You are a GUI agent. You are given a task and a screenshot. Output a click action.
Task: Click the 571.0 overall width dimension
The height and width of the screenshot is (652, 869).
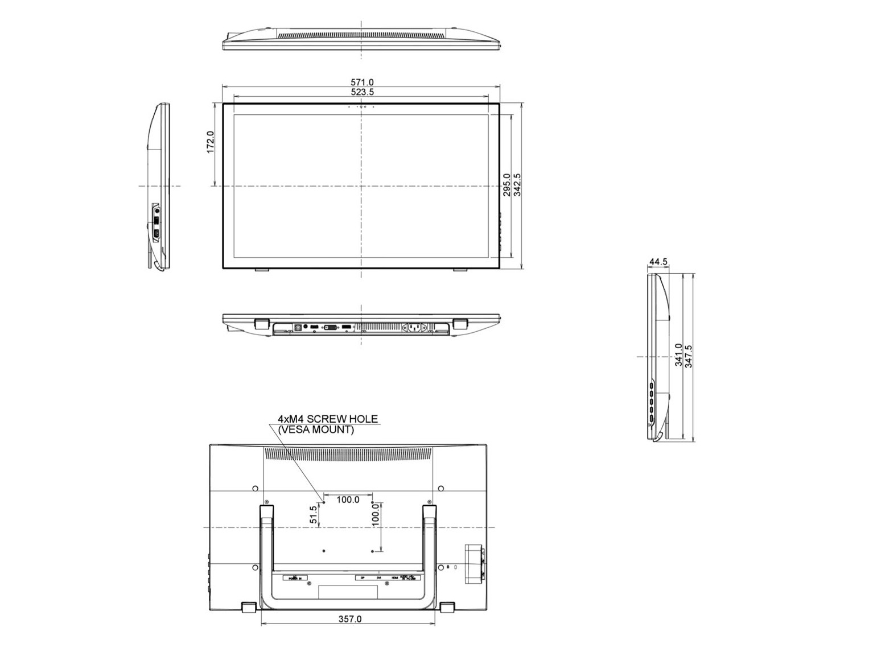point(361,82)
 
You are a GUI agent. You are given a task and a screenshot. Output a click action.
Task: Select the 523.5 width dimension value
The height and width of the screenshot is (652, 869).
point(361,92)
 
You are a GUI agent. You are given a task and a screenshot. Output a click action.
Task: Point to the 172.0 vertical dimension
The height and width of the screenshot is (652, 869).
point(210,142)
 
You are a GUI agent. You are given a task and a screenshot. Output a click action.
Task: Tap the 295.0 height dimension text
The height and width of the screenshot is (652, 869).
point(506,185)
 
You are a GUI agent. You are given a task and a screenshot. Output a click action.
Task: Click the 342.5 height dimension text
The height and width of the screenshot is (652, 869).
point(517,185)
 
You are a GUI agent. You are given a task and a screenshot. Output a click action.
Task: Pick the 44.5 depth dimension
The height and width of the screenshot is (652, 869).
point(658,262)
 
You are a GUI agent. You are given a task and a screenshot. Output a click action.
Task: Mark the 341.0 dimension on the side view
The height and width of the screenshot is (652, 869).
point(678,355)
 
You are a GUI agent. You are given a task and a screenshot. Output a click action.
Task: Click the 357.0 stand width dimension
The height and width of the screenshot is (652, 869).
point(349,619)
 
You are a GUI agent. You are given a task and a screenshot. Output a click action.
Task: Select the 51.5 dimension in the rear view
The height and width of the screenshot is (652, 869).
point(313,514)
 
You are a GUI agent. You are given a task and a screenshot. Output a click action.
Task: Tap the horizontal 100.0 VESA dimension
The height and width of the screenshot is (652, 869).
point(348,500)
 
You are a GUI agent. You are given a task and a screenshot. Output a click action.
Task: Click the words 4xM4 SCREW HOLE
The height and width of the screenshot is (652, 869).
point(327,419)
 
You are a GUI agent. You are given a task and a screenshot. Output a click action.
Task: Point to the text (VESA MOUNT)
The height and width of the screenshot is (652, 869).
point(316,430)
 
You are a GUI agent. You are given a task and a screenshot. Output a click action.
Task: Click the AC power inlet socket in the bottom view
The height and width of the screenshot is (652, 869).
point(414,328)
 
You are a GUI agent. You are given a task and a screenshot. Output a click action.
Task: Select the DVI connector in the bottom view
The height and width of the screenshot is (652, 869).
point(330,327)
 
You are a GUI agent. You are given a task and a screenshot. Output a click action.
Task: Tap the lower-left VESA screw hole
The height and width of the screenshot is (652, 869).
point(324,551)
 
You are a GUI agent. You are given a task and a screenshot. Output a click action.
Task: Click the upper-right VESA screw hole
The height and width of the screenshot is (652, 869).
point(373,503)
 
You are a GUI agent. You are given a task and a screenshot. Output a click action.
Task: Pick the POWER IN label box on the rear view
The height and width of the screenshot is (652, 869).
point(295,578)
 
